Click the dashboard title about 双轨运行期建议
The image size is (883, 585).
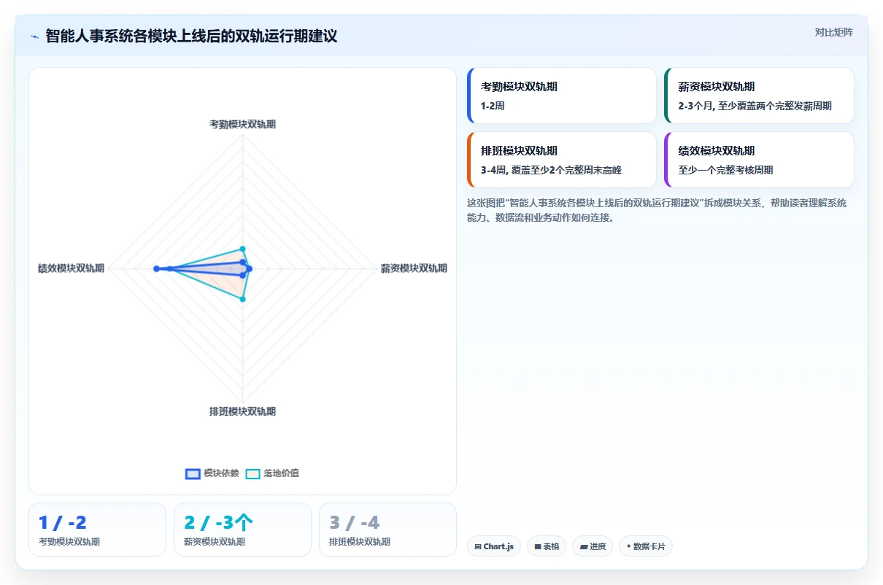point(191,36)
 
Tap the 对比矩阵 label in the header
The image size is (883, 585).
point(833,33)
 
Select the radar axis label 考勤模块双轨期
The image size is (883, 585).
point(242,125)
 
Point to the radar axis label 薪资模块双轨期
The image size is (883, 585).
point(414,268)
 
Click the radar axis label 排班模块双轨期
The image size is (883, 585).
point(242,411)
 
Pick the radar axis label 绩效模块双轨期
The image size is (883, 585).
point(71,268)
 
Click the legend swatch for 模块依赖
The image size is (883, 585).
point(193,473)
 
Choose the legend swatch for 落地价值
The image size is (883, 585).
point(252,473)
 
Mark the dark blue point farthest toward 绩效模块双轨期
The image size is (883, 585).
point(156,268)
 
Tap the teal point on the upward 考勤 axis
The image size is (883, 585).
point(243,249)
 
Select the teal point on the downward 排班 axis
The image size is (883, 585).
point(243,299)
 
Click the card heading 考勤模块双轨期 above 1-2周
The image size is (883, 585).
point(519,87)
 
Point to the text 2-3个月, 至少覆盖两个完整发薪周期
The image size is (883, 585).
point(755,106)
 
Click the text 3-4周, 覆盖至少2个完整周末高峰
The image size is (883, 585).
point(551,170)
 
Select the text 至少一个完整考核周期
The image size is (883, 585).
point(725,170)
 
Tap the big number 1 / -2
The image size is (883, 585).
point(62,523)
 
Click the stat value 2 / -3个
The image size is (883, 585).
point(218,523)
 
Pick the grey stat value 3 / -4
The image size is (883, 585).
point(355,523)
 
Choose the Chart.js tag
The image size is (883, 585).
point(494,546)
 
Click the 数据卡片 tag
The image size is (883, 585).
point(646,546)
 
